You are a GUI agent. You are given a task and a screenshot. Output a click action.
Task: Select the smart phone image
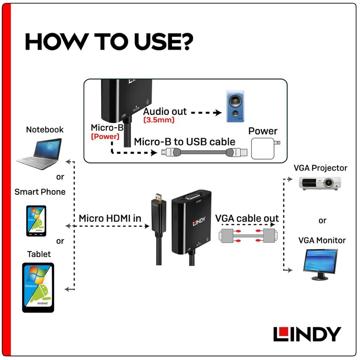(36, 220)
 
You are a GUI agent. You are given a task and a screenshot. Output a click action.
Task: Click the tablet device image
(38, 288)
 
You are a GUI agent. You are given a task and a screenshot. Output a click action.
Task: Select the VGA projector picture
(320, 183)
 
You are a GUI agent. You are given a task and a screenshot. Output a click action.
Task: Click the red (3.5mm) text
(159, 121)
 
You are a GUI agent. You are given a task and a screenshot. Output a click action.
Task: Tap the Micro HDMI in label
(110, 218)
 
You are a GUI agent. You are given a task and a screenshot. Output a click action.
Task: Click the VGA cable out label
(247, 218)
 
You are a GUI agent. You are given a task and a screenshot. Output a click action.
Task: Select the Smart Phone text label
(40, 192)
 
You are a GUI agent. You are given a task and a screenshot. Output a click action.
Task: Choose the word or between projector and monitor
(322, 220)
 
